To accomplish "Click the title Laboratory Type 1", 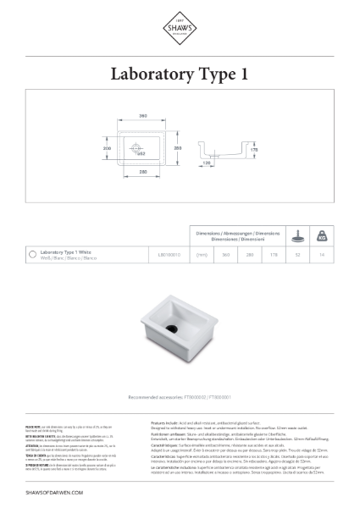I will [180, 75].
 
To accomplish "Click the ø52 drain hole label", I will [141, 155].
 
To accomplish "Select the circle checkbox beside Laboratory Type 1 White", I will [31, 253].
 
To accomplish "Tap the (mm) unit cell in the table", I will [202, 253].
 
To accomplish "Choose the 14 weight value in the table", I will [322, 253].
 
